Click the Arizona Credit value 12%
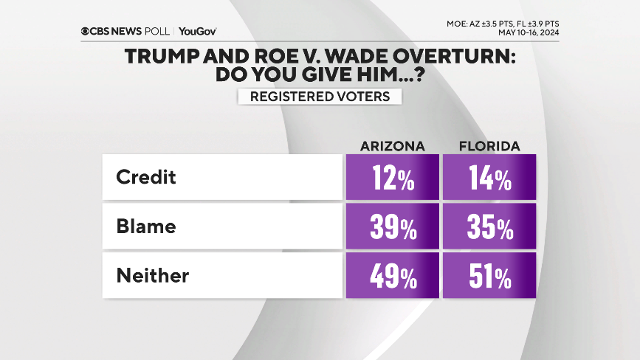tap(391, 179)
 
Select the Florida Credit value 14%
tap(489, 179)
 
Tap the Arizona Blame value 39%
tap(391, 228)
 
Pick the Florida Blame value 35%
tap(489, 228)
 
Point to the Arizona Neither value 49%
tap(391, 277)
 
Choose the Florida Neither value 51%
tap(489, 277)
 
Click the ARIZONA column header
tap(392, 146)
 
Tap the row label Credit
tap(147, 178)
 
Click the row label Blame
tap(146, 226)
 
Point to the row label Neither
tap(152, 275)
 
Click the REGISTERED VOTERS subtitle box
tap(319, 97)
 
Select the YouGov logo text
tap(197, 32)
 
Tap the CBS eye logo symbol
tap(86, 32)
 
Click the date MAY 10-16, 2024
tap(529, 32)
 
